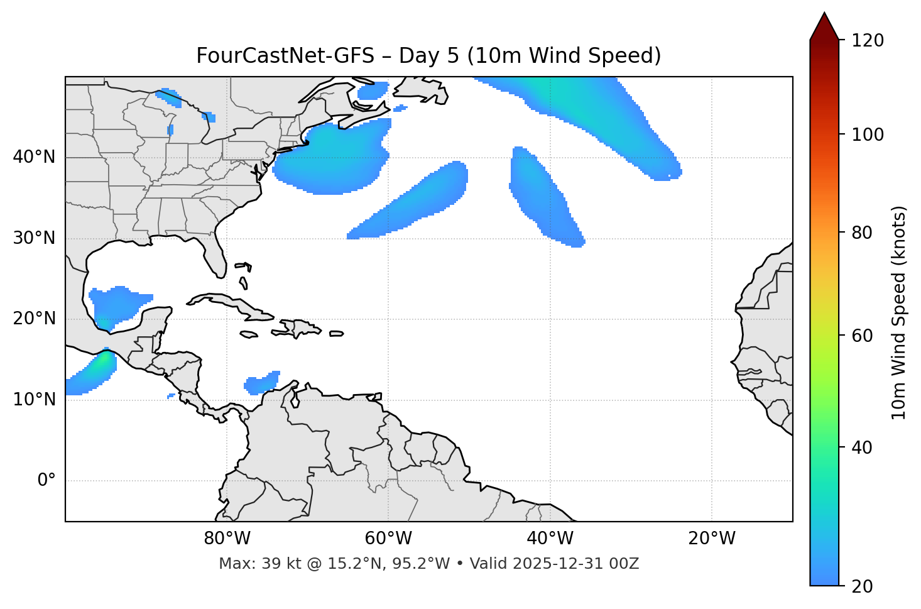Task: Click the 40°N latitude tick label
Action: [34, 157]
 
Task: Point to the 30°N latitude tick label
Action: [34, 238]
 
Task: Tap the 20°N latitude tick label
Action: [34, 319]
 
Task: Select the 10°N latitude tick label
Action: [34, 400]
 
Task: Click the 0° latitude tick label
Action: [46, 481]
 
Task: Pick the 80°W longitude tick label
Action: [227, 539]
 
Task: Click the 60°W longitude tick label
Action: [388, 539]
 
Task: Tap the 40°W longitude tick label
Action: [550, 539]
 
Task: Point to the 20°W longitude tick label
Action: [711, 539]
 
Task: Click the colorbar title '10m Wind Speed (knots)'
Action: [899, 313]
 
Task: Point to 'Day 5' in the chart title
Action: [429, 56]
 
